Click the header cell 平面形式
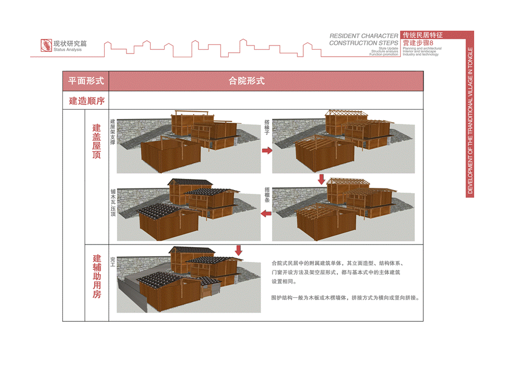click(x=86, y=81)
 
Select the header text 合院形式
click(x=247, y=81)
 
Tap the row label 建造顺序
click(x=86, y=101)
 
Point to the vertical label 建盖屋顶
click(x=96, y=142)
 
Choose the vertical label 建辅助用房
click(x=96, y=276)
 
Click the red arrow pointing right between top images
click(x=267, y=151)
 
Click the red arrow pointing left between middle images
click(x=267, y=213)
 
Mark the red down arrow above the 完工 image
click(x=239, y=250)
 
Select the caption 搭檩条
click(x=267, y=195)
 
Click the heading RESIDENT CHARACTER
click(x=364, y=36)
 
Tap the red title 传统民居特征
click(x=422, y=34)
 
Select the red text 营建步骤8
click(x=418, y=42)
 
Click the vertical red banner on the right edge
click(x=470, y=114)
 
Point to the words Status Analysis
click(x=67, y=50)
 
